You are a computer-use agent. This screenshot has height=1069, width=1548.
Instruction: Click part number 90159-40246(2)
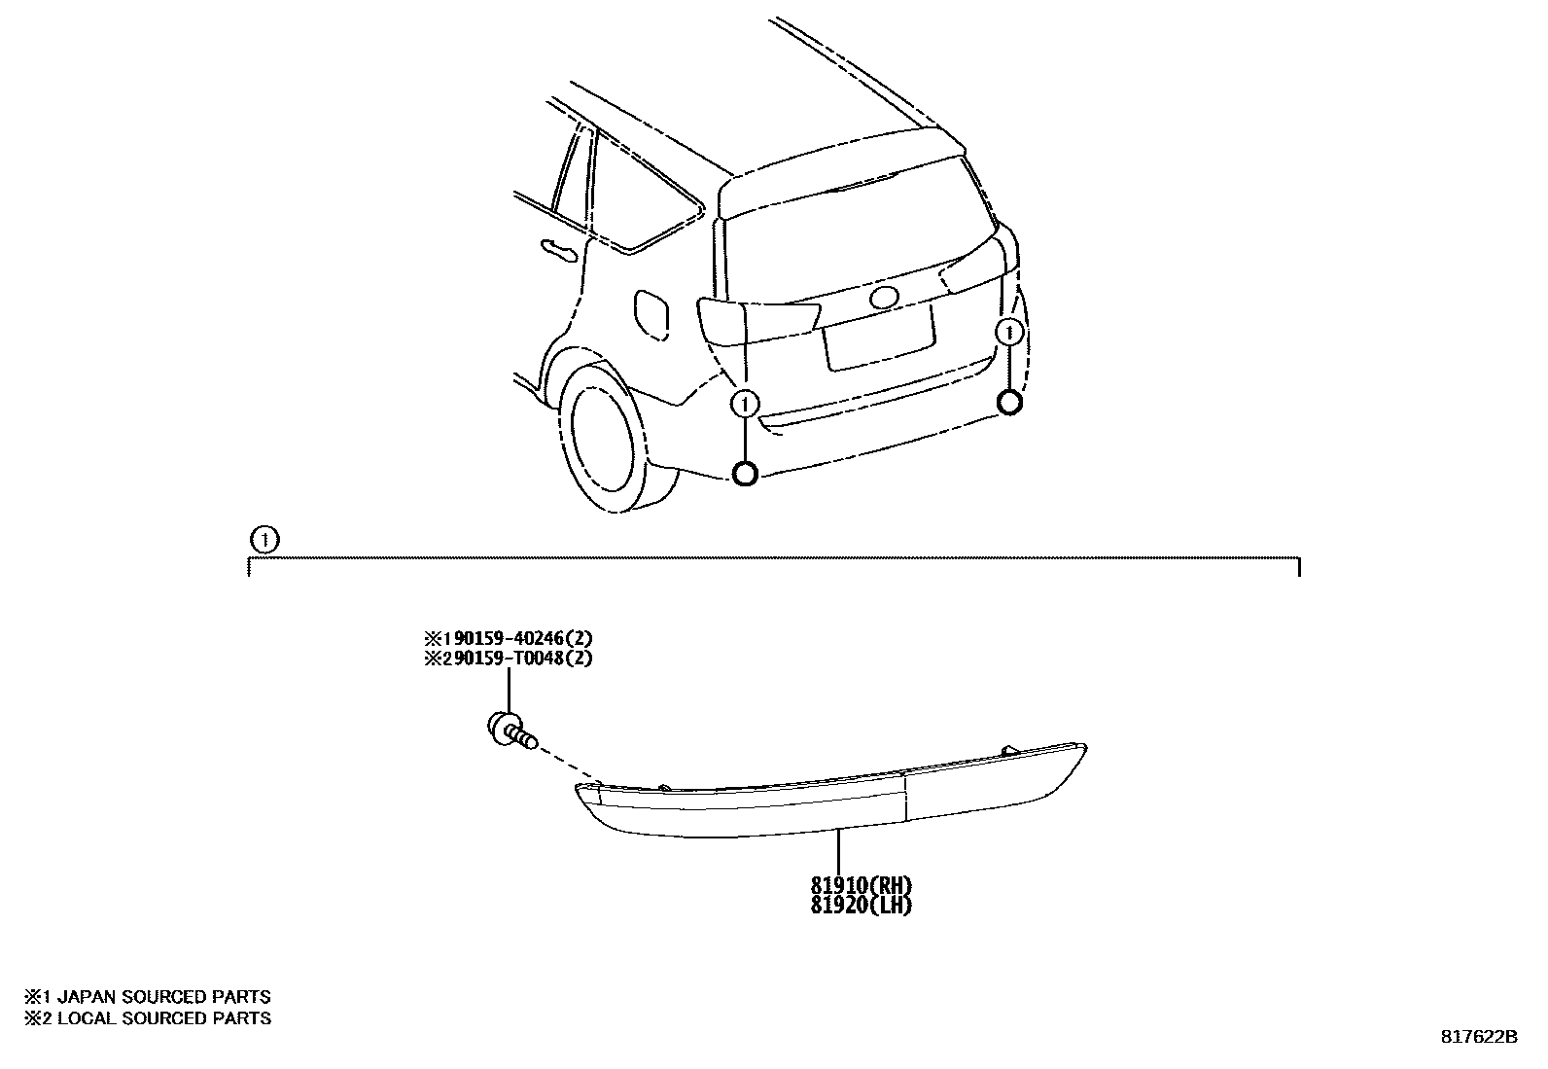pos(523,638)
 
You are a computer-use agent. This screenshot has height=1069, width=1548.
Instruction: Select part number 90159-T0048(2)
pos(523,658)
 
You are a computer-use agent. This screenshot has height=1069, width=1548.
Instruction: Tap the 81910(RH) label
pos(862,885)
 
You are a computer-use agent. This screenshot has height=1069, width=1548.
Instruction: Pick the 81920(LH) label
pos(862,906)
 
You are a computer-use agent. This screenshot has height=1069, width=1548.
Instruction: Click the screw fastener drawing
pos(511,730)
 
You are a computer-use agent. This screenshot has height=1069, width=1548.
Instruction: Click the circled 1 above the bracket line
pos(265,540)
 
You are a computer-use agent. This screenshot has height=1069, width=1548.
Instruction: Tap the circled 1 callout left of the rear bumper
pos(745,404)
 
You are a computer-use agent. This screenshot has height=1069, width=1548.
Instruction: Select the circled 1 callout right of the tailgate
pos(1009,333)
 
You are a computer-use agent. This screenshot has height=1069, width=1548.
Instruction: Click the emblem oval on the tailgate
pos(884,298)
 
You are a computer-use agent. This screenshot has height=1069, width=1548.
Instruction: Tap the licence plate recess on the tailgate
pos(878,339)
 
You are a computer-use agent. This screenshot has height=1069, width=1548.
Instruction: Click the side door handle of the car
pos(559,251)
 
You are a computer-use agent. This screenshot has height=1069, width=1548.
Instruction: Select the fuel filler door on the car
pos(651,315)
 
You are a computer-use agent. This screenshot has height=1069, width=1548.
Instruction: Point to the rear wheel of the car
pos(608,436)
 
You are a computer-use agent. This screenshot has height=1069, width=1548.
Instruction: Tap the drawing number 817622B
pos(1479,1037)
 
